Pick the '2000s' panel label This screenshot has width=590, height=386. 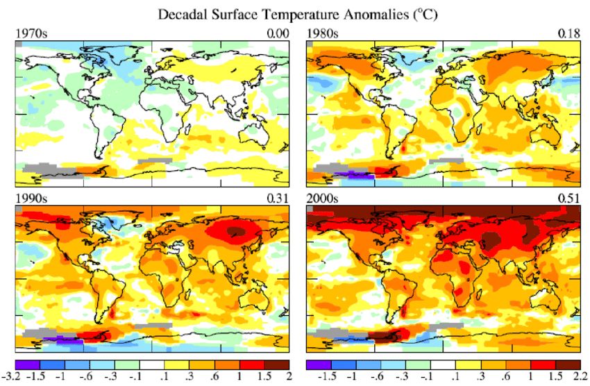coord(321,199)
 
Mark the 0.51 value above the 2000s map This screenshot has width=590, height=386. coord(569,199)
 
